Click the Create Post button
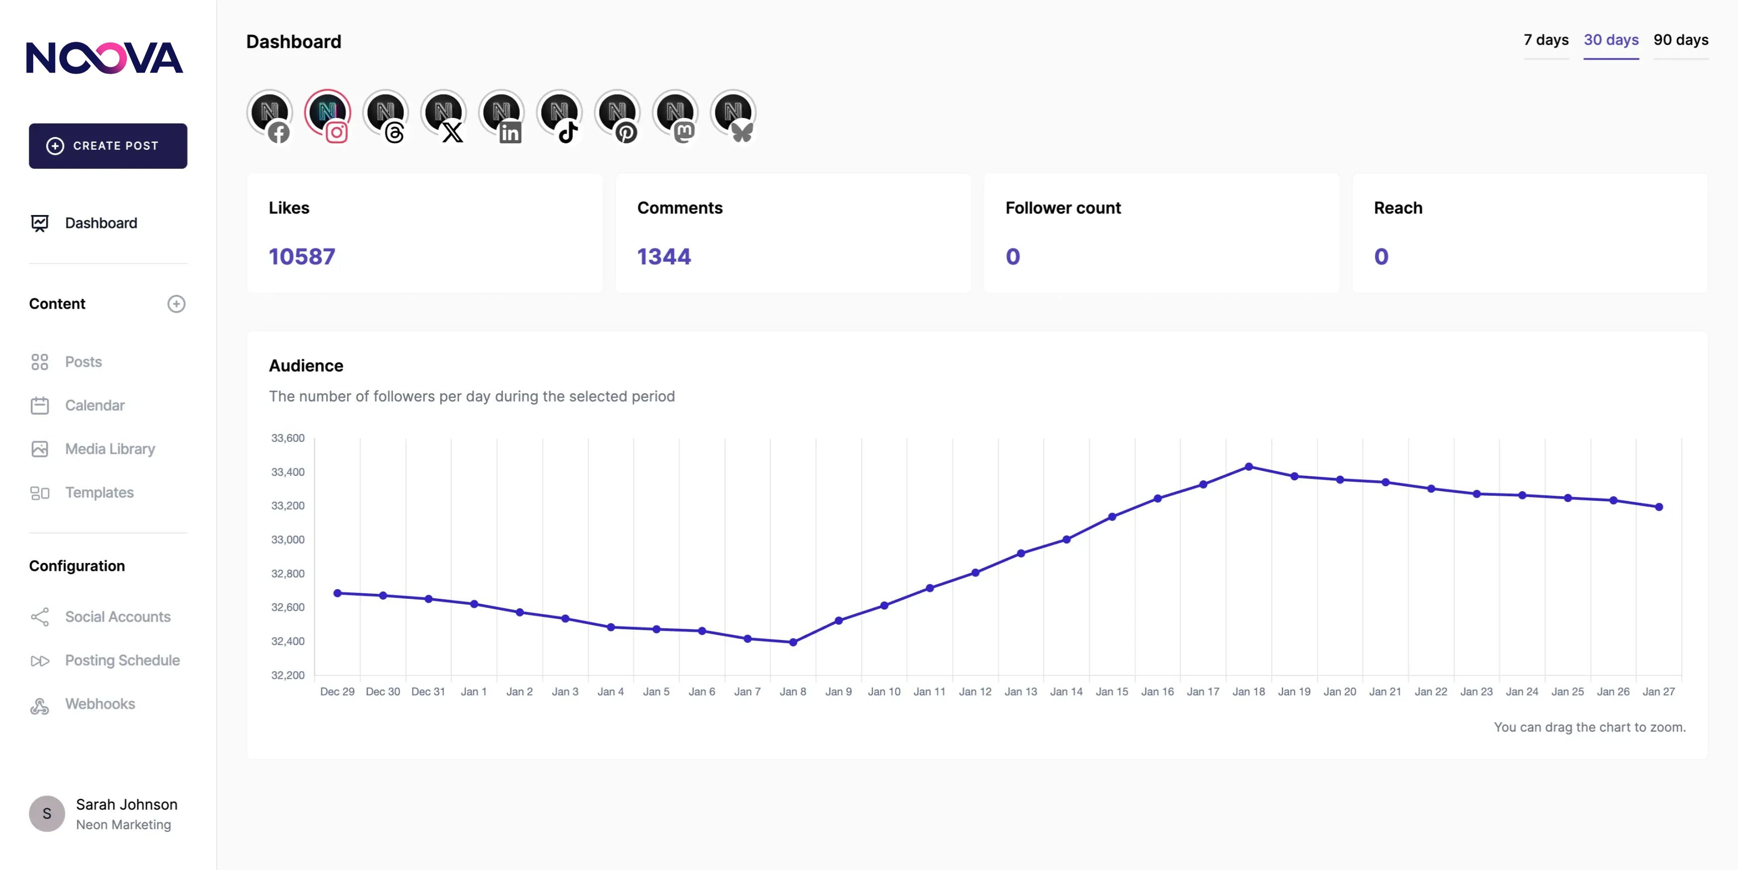pyautogui.click(x=108, y=146)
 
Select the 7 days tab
pyautogui.click(x=1546, y=40)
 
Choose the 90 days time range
pyautogui.click(x=1680, y=40)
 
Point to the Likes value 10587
pyautogui.click(x=302, y=257)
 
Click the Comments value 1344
pyautogui.click(x=664, y=257)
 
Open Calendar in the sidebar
pyautogui.click(x=94, y=406)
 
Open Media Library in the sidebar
pyautogui.click(x=109, y=449)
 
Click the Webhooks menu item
pyautogui.click(x=100, y=704)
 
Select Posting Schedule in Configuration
pyautogui.click(x=122, y=660)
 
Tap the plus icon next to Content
pyautogui.click(x=176, y=304)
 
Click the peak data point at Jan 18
pyautogui.click(x=1249, y=466)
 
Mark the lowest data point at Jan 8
pyautogui.click(x=793, y=642)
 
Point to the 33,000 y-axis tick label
pyautogui.click(x=288, y=540)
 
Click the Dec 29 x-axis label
pyautogui.click(x=337, y=691)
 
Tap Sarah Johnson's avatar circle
pyautogui.click(x=47, y=813)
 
